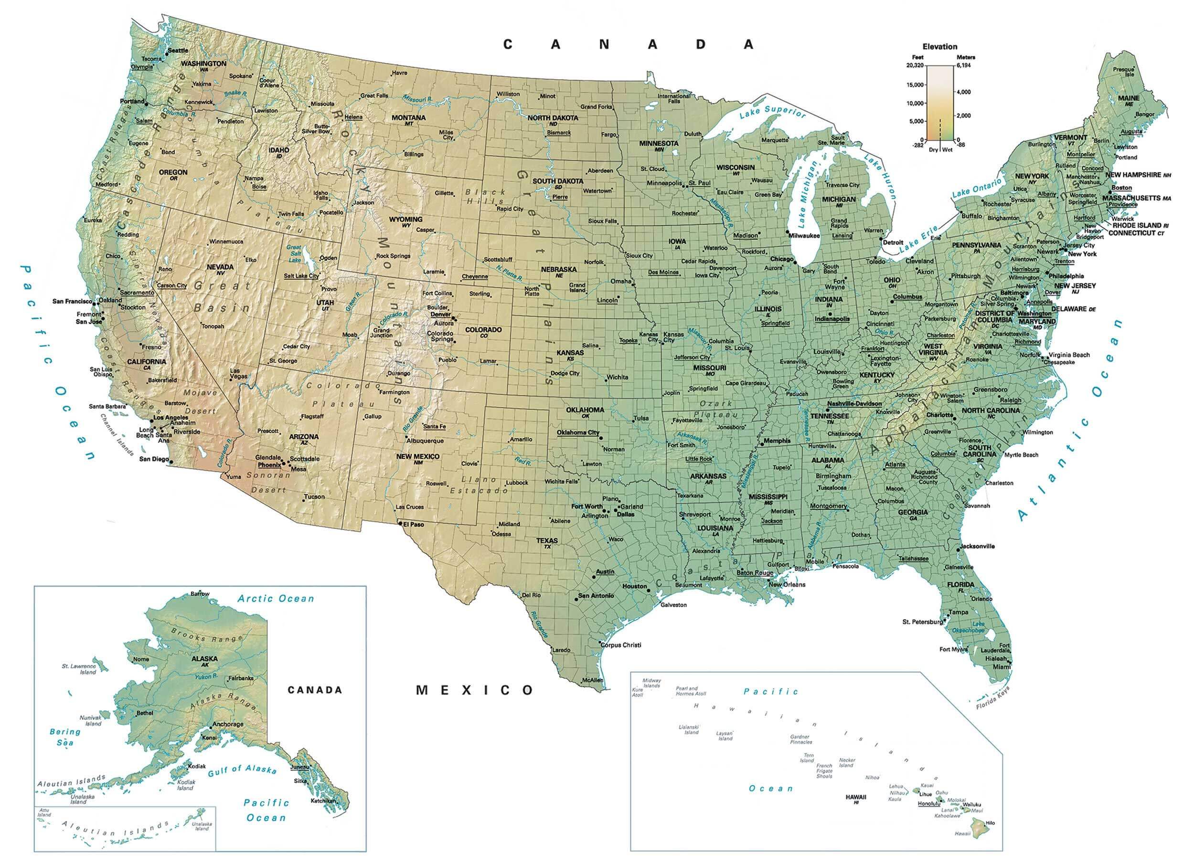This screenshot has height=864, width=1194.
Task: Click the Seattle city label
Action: [178, 50]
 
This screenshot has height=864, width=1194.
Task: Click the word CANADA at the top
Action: [628, 45]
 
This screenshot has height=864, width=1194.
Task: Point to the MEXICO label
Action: [475, 690]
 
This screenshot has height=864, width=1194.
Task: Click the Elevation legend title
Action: [940, 46]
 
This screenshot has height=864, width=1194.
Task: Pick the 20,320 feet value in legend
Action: [915, 65]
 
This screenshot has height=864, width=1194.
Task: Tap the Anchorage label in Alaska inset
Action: [228, 724]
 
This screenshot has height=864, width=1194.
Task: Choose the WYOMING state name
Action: [405, 219]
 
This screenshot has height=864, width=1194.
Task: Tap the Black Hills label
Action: [485, 196]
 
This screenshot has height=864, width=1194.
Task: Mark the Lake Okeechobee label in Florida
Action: [972, 627]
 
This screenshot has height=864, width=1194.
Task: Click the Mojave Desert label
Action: [200, 401]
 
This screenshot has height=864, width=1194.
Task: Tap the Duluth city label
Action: [693, 134]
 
